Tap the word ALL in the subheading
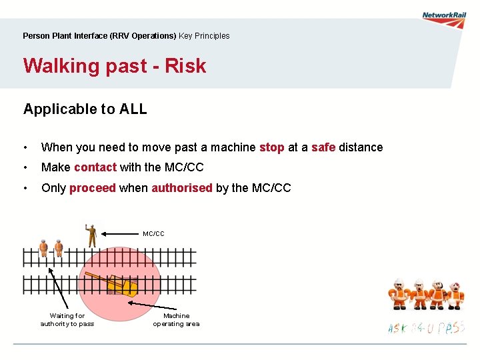point(133,109)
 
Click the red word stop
point(271,147)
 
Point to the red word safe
point(323,147)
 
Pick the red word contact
point(95,167)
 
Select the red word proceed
point(93,188)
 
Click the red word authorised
point(182,188)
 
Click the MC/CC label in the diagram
point(153,234)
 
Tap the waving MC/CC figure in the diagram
point(91,235)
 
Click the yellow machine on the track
point(123,285)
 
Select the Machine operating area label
point(176,320)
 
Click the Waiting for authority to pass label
point(67,320)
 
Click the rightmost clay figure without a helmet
point(456,295)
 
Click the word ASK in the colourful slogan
point(398,329)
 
